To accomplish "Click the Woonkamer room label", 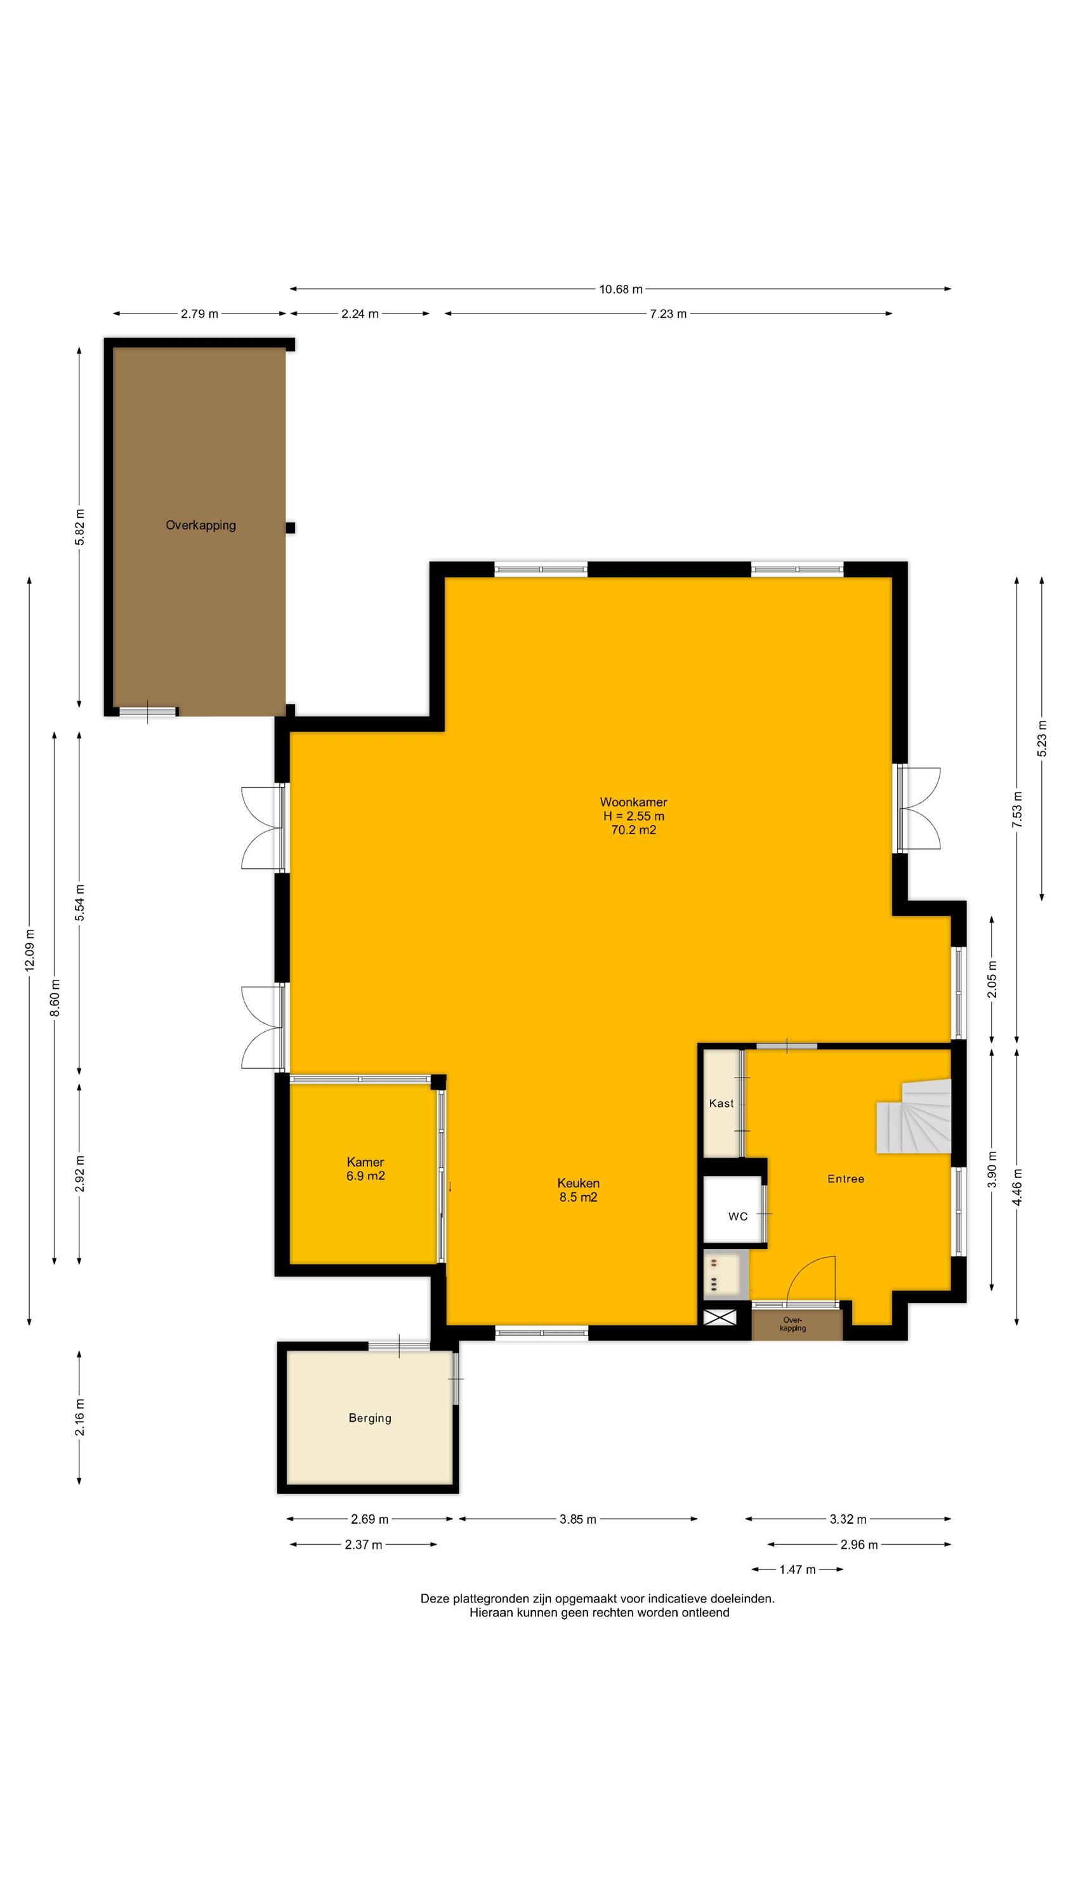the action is pyautogui.click(x=633, y=802).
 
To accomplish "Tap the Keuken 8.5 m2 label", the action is pyautogui.click(x=578, y=1190).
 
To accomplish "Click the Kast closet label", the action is pyautogui.click(x=721, y=1104).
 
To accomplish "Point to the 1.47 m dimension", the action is pyautogui.click(x=797, y=1569).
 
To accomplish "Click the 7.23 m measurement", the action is pyautogui.click(x=668, y=314).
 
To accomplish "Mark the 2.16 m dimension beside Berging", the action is pyautogui.click(x=80, y=1418).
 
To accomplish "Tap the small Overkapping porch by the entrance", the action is pyautogui.click(x=797, y=1324).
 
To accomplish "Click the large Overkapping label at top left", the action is pyautogui.click(x=200, y=526).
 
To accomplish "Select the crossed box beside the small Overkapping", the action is pyautogui.click(x=721, y=1316).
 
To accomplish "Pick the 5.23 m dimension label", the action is pyautogui.click(x=1042, y=737).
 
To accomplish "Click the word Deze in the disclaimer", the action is pyautogui.click(x=435, y=1598).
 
